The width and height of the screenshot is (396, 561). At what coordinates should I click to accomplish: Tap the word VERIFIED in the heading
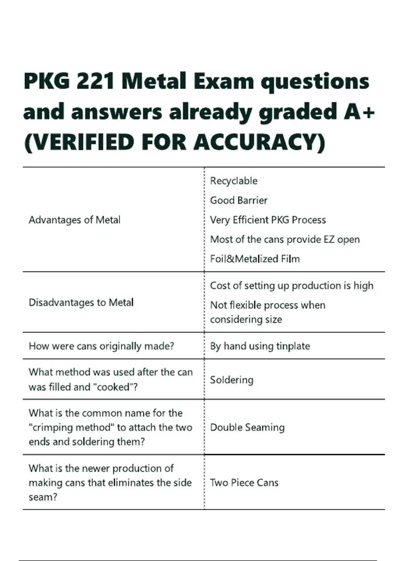(79, 142)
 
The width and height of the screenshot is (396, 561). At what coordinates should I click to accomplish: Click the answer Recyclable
(234, 181)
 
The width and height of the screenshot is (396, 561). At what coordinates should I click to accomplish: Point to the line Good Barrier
(239, 200)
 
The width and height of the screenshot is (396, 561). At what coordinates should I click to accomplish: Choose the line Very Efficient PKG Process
(268, 220)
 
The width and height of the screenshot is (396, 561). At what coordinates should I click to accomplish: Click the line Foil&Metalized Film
(255, 259)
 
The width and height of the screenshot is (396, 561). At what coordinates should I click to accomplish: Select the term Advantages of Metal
(74, 220)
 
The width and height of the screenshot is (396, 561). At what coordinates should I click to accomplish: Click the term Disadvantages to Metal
(81, 302)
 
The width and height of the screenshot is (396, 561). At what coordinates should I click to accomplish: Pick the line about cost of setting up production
(291, 285)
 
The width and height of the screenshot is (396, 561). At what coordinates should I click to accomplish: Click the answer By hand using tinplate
(260, 346)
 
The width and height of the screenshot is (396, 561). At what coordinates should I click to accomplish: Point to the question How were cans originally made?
(101, 346)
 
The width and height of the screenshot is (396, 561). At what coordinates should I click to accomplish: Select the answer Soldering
(232, 380)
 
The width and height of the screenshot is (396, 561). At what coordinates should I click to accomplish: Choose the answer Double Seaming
(247, 427)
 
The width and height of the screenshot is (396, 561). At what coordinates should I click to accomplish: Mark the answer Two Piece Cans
(244, 482)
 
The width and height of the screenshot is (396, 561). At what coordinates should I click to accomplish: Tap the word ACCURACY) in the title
(259, 142)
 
